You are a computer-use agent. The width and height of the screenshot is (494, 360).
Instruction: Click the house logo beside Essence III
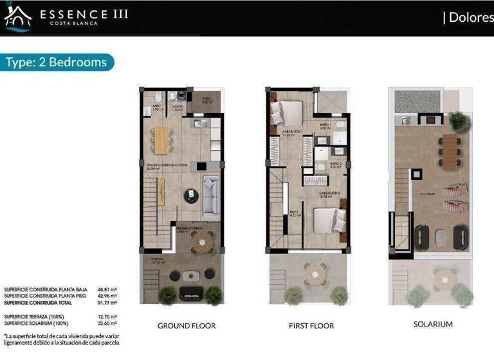pos(17,17)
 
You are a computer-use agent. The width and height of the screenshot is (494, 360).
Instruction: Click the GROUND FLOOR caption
pos(187,326)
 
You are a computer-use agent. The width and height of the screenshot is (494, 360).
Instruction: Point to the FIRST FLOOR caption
pos(311,326)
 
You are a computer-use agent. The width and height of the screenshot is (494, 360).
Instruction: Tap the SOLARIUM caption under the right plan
pos(433,325)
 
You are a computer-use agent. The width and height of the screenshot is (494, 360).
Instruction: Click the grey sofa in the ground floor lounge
pos(212,197)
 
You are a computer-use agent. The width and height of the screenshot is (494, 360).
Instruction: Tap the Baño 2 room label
pos(336,164)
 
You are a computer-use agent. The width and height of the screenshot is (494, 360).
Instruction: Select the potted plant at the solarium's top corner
pos(458,120)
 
